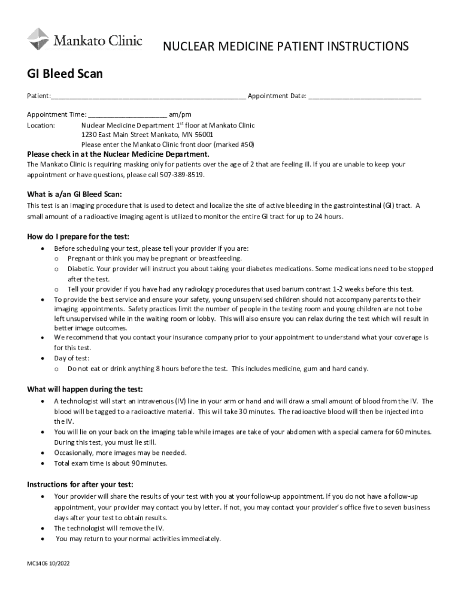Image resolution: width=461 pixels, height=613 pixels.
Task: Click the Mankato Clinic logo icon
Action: click(x=38, y=39)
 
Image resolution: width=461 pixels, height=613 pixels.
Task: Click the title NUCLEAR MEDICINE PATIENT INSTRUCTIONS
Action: click(x=286, y=47)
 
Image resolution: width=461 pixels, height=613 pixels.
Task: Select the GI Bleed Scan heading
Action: click(x=65, y=74)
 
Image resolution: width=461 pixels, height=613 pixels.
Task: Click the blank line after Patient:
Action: click(x=148, y=96)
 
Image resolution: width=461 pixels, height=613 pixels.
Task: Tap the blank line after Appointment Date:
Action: click(x=365, y=96)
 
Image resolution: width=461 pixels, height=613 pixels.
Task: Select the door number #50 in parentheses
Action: click(x=247, y=144)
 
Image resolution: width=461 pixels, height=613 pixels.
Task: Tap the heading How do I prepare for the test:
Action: click(x=78, y=236)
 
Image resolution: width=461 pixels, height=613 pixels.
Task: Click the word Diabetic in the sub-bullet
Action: click(x=81, y=269)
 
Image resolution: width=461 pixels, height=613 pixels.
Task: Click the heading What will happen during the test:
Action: click(x=85, y=389)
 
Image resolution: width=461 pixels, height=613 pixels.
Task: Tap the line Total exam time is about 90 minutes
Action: click(x=111, y=463)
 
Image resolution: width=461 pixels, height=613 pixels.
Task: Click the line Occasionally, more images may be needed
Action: click(x=120, y=453)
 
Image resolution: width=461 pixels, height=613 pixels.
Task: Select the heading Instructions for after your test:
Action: click(x=80, y=484)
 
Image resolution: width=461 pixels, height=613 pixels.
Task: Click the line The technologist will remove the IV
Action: click(x=109, y=528)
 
